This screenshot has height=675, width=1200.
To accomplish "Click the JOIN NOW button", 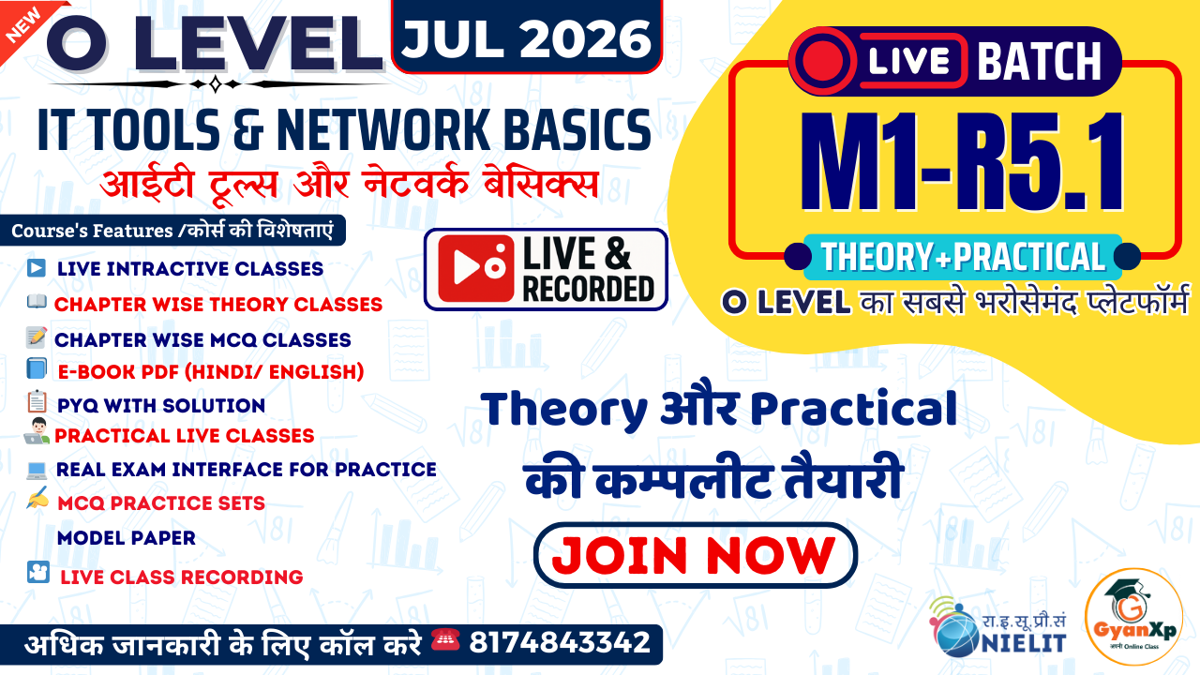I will (695, 555).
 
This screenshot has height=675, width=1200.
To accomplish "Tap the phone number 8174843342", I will (560, 643).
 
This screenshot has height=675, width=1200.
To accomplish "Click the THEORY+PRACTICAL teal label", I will (962, 256).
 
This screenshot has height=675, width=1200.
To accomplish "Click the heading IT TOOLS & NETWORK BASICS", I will (343, 130).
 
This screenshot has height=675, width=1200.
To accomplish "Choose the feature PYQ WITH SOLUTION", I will (160, 405).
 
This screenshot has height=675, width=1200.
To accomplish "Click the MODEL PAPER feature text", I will (127, 538).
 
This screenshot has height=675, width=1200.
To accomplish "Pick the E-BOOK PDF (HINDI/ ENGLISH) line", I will (210, 371).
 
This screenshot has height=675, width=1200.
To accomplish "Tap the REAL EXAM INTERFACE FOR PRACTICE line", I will (246, 469).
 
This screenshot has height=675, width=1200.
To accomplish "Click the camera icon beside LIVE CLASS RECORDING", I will (37, 572).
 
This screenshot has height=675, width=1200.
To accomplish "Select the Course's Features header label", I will (174, 231).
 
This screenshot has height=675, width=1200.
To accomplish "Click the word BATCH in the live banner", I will (1039, 63).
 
